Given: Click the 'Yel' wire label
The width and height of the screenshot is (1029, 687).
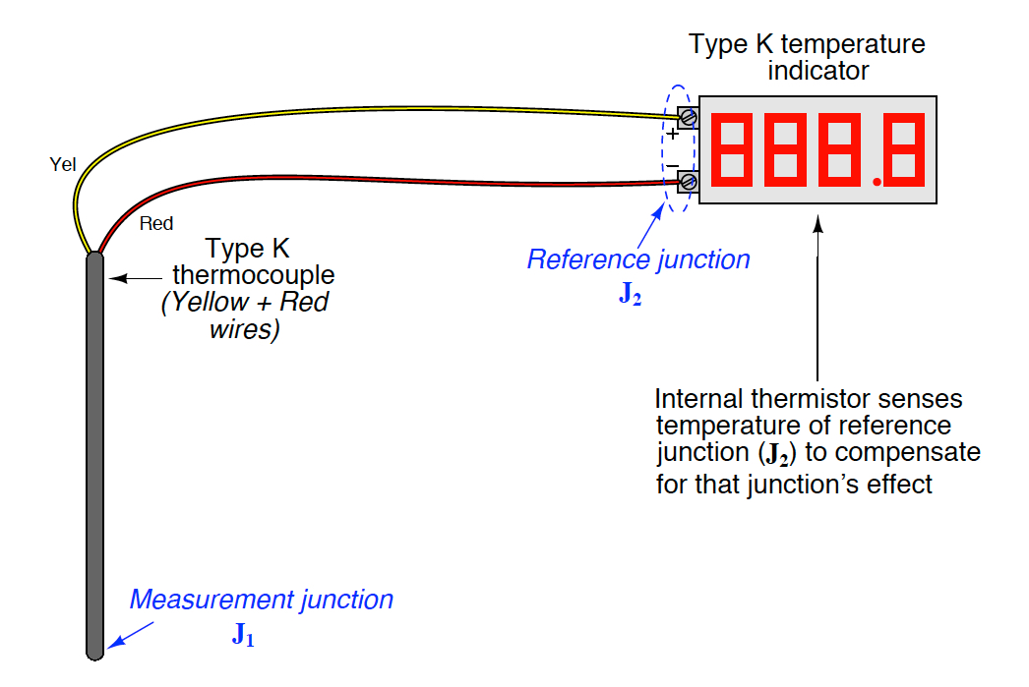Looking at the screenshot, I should (x=62, y=164).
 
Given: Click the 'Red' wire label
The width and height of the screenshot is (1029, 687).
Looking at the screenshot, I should (x=155, y=224).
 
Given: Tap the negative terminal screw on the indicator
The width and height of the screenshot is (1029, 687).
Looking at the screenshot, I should (x=689, y=182).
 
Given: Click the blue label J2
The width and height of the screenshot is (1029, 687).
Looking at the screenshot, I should (x=630, y=295).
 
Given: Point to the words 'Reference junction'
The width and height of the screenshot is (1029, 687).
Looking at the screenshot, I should (x=638, y=259).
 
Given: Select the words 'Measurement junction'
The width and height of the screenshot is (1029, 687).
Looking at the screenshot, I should (x=261, y=599).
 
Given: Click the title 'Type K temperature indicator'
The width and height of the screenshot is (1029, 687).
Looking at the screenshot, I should (x=807, y=58).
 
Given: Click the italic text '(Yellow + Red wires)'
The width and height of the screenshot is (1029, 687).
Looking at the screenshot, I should (x=245, y=316).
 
